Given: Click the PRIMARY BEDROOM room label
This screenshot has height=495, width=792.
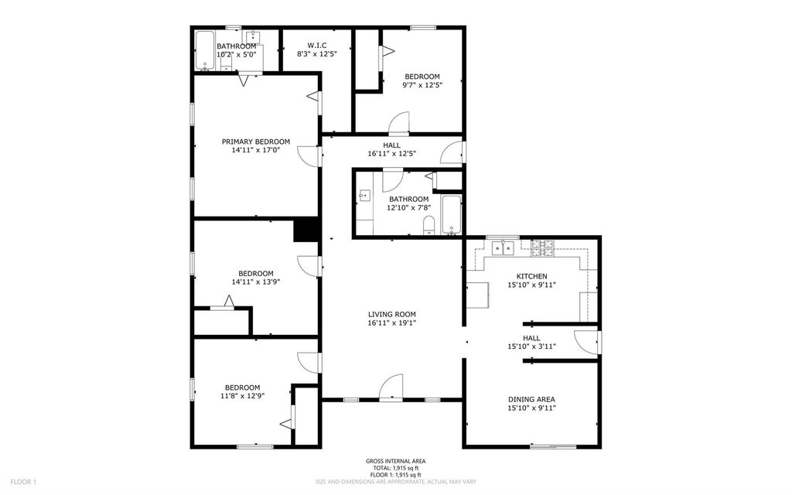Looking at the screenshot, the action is (256, 142).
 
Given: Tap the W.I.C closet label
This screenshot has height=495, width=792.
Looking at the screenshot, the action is (316, 46).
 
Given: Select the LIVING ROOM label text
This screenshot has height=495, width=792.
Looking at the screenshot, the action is (392, 314).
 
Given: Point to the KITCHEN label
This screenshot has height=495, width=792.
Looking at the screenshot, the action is (531, 276).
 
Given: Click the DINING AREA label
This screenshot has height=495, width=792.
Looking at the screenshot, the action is (531, 400).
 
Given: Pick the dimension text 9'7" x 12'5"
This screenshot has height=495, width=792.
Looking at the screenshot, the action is (422, 85).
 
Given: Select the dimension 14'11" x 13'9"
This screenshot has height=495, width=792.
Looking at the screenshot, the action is (255, 282).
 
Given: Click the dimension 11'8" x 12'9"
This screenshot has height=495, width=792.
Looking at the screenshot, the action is (242, 396).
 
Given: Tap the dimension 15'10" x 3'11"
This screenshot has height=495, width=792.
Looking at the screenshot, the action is (531, 346).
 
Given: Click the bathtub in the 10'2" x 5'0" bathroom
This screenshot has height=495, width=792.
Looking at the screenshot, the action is (204, 50).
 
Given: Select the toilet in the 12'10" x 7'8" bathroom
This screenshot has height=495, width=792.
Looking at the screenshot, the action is (428, 225).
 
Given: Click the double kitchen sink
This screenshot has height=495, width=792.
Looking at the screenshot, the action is (503, 248).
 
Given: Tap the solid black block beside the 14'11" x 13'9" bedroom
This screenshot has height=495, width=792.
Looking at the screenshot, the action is (306, 229).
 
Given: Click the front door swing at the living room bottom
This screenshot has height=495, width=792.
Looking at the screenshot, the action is (391, 387).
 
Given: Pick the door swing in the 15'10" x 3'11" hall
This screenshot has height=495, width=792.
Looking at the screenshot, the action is (586, 343).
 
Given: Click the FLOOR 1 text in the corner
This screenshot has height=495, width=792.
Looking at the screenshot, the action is (23, 482).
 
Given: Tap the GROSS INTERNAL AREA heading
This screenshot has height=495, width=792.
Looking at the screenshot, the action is (395, 461).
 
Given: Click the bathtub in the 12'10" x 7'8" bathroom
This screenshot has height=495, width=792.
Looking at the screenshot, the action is (451, 215).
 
